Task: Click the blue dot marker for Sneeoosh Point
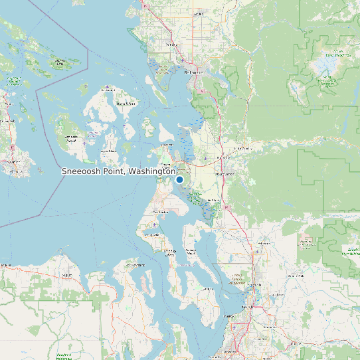coord(179,179)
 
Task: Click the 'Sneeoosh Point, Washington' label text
coord(119,171)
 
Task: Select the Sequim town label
coord(66,274)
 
